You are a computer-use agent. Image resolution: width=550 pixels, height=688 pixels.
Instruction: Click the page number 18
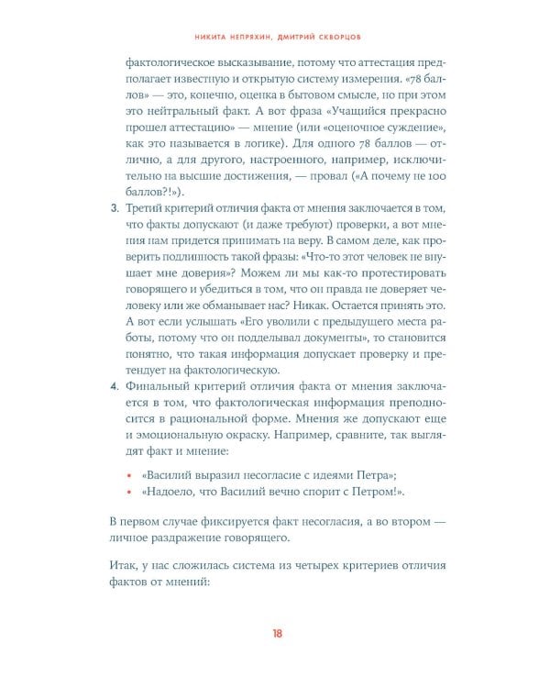(x=275, y=633)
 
